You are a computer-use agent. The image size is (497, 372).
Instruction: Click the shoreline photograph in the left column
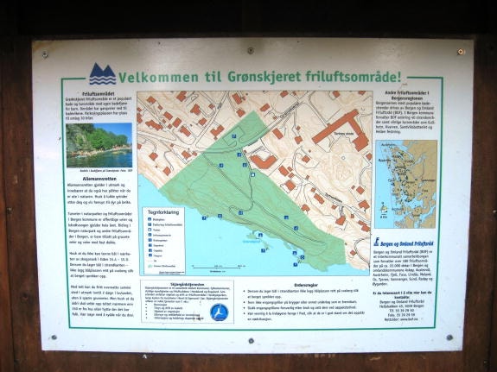(x=99, y=145)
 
